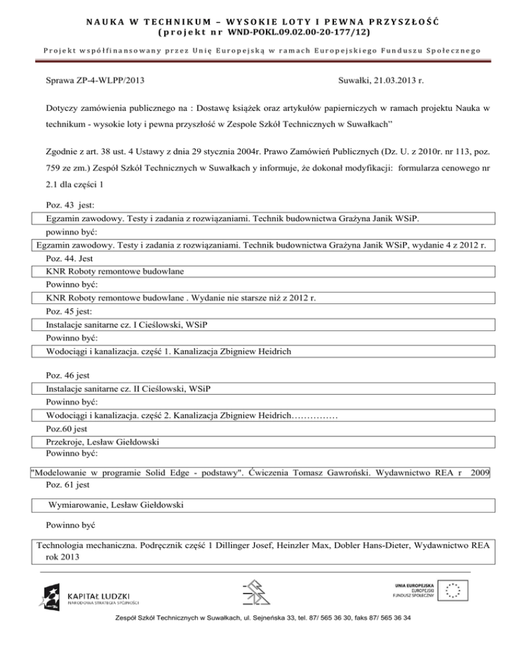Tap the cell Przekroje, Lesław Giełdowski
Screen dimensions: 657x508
tap(103, 442)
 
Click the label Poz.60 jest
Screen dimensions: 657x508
tap(67, 429)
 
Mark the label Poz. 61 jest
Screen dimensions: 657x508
tap(69, 484)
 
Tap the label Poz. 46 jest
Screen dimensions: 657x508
tap(68, 375)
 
